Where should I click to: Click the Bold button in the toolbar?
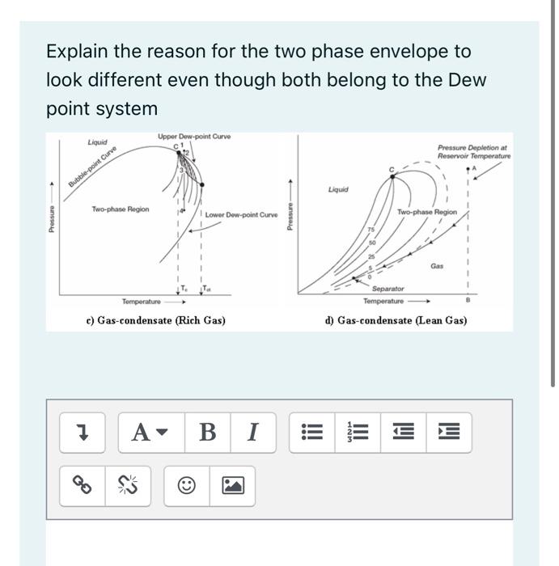click(x=207, y=433)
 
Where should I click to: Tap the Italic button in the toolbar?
click(x=252, y=433)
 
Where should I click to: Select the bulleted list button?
click(x=311, y=433)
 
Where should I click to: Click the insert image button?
click(x=232, y=485)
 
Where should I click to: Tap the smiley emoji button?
click(x=187, y=485)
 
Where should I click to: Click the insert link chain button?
click(x=82, y=485)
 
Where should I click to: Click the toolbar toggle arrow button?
click(x=82, y=433)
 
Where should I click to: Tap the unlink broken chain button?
click(x=127, y=485)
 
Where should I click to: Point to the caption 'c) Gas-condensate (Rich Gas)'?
click(x=155, y=320)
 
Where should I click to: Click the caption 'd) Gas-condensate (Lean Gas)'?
click(x=396, y=320)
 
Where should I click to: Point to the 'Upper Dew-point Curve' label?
click(x=194, y=137)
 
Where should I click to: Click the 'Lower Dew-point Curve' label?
click(x=240, y=215)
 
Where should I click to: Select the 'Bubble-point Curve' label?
click(x=92, y=167)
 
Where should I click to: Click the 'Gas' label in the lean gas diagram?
click(x=437, y=265)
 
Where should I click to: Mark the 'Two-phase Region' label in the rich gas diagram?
click(x=120, y=209)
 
